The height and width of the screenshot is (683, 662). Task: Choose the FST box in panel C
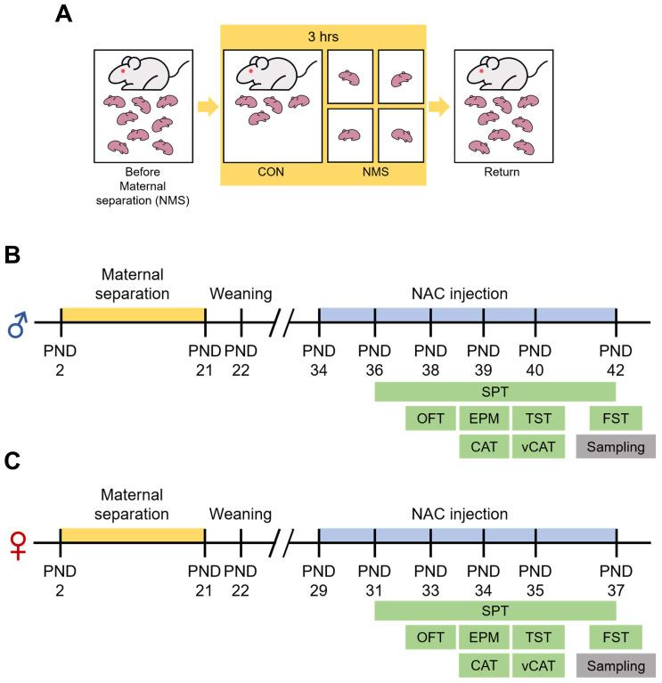[616, 638]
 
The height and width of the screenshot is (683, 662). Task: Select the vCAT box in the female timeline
[537, 666]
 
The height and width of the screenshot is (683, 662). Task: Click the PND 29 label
[320, 575]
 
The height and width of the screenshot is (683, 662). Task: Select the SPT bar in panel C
[495, 609]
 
